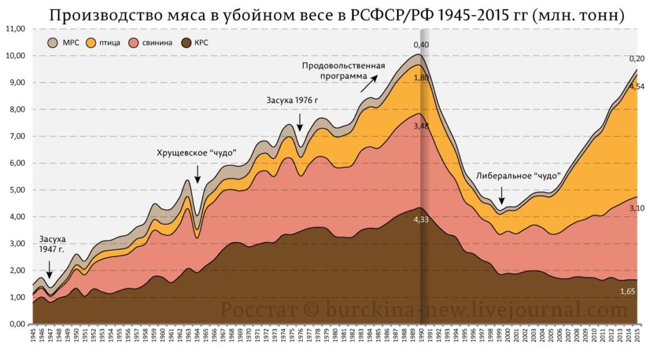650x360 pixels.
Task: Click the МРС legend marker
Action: [54, 43]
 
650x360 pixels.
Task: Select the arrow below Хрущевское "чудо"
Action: [197, 173]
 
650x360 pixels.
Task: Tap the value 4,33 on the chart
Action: [421, 220]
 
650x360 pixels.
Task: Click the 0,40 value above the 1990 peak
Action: [421, 44]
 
